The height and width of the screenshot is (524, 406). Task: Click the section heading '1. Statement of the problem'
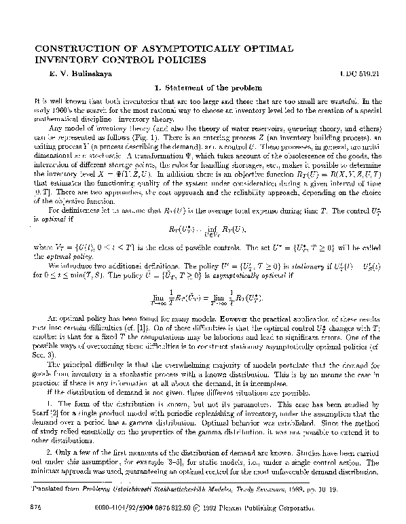(x=202, y=87)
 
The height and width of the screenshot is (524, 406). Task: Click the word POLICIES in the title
(x=172, y=59)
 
